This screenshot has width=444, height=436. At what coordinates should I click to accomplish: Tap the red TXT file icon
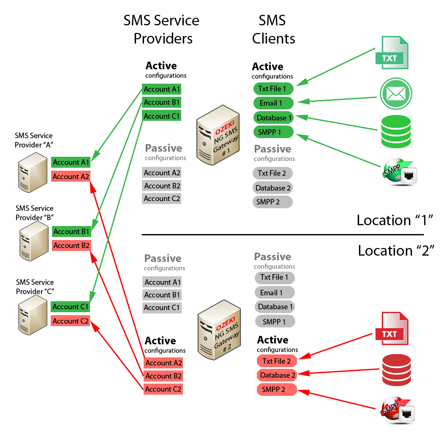(x=392, y=328)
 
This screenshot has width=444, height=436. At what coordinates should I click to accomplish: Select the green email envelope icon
(x=395, y=94)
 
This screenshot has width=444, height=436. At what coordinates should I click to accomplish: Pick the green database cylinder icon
(x=396, y=131)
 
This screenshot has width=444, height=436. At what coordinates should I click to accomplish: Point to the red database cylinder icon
(x=396, y=371)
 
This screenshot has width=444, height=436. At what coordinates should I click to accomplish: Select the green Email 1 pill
(x=273, y=103)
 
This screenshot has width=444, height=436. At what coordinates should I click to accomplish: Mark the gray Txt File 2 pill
(x=272, y=173)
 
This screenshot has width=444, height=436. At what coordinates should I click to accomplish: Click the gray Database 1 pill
(x=275, y=307)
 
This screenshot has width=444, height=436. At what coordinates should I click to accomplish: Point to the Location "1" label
(x=395, y=220)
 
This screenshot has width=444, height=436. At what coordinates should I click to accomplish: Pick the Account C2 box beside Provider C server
(x=71, y=321)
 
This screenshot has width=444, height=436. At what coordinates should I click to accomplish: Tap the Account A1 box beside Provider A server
(x=71, y=162)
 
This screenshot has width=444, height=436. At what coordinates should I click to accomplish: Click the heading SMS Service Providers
(x=161, y=29)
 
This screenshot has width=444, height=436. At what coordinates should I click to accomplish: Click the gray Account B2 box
(x=162, y=186)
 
